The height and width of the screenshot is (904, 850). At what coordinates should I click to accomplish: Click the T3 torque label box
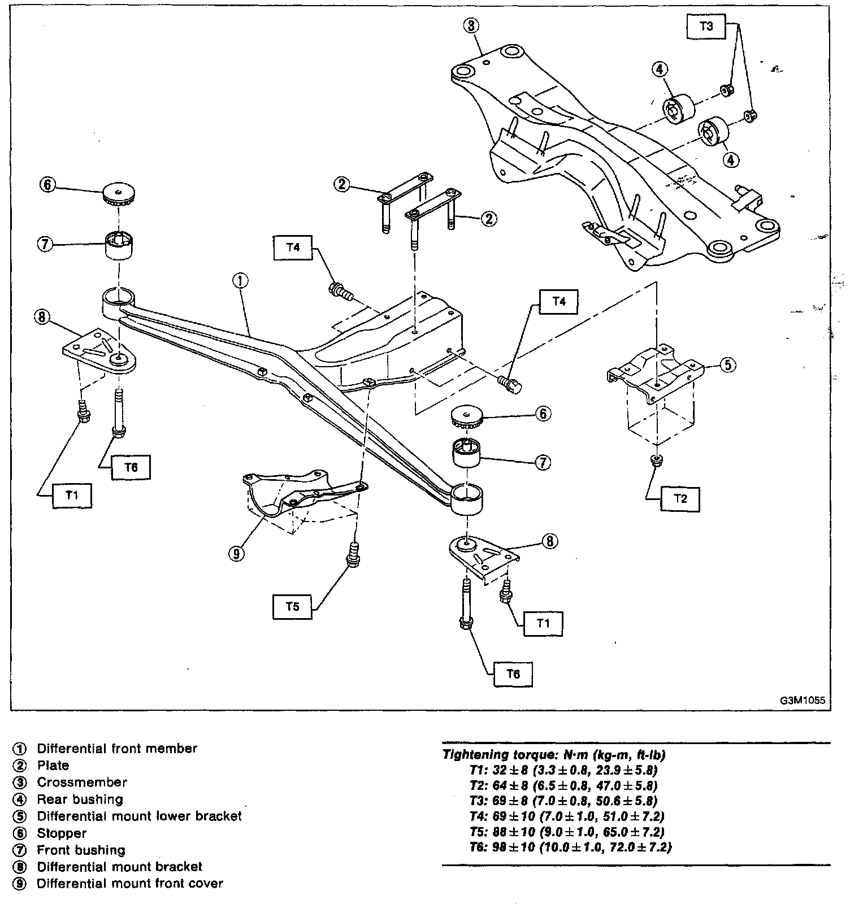706,26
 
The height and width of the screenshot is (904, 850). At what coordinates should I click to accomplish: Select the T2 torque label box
680,498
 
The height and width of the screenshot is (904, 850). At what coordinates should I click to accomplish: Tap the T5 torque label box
292,606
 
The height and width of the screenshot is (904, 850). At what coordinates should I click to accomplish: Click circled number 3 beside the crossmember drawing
471,25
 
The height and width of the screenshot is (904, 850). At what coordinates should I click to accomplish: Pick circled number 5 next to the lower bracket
727,365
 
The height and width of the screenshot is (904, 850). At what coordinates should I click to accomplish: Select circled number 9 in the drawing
237,553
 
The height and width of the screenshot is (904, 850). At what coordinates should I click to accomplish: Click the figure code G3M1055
803,700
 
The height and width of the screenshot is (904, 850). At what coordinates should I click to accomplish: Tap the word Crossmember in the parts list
82,783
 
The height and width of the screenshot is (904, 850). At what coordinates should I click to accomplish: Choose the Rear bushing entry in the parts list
80,799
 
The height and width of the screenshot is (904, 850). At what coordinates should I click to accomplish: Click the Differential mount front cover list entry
130,883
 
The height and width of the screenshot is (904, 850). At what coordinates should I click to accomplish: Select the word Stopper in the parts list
62,833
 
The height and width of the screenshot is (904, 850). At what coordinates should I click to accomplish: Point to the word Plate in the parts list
53,766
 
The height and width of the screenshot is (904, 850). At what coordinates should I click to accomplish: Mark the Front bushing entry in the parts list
81,850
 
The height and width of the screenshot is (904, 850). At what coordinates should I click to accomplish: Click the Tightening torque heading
554,754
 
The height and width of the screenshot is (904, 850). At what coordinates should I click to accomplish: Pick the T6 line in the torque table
571,847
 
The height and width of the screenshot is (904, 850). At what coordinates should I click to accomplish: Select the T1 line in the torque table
563,770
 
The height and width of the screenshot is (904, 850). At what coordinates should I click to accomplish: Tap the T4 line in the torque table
567,816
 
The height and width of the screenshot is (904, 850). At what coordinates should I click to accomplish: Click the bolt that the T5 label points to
353,554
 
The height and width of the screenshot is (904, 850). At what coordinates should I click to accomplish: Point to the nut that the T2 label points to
656,459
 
